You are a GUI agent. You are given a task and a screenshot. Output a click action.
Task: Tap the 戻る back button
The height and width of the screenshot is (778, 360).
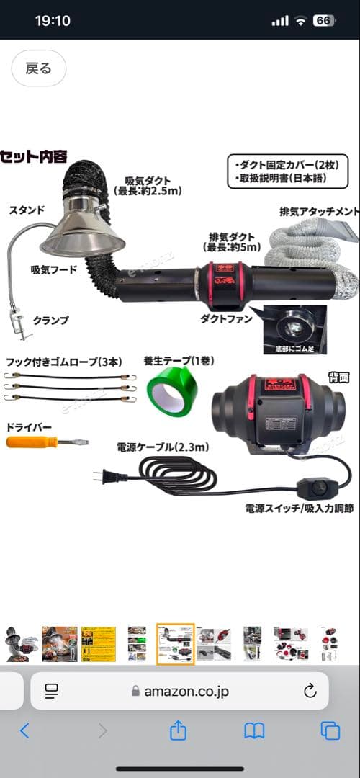click(x=39, y=68)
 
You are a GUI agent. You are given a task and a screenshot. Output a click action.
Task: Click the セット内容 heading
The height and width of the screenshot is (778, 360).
click(x=34, y=156)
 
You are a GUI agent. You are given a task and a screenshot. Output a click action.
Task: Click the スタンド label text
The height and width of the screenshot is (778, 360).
click(x=27, y=210)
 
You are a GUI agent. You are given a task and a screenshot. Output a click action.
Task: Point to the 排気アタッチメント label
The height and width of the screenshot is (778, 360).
click(x=318, y=212)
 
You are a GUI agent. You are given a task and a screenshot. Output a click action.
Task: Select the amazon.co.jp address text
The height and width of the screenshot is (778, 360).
click(x=186, y=692)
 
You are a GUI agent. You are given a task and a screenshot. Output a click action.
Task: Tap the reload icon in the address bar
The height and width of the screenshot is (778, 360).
click(x=310, y=692)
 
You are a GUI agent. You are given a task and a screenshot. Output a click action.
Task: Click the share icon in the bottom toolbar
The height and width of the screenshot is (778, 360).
click(x=178, y=731)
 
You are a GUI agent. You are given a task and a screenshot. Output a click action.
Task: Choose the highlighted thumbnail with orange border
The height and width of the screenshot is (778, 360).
click(x=176, y=644)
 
